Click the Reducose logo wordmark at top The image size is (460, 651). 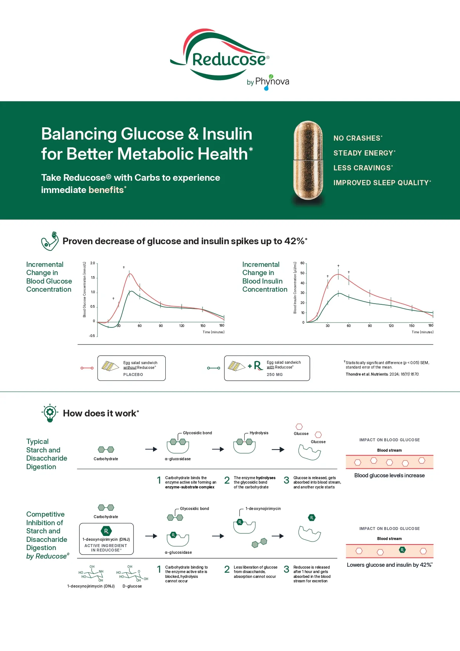coord(229,59)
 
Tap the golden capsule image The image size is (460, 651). coord(308,160)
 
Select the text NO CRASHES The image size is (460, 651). coord(357,138)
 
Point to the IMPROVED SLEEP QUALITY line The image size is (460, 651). coord(381,183)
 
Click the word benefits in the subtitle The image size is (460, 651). coord(106,190)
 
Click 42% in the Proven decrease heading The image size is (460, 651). coord(294,241)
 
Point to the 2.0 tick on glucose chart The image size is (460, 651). coord(93,263)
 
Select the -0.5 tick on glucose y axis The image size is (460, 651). coord(92,336)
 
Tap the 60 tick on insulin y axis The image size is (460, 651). coord(302,263)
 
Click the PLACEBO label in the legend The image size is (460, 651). coord(133,375)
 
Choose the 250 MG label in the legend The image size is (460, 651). coord(275,375)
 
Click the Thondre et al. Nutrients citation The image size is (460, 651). coord(382,374)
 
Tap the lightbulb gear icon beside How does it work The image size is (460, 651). coord(50,413)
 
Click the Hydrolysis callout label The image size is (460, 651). coord(259,433)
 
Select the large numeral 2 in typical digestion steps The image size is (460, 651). coord(227,481)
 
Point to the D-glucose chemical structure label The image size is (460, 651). coord(132,586)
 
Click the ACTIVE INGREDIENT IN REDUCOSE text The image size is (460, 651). coord(106,548)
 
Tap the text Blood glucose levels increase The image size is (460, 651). coord(389,475)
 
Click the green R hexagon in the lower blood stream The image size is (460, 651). coord(402,550)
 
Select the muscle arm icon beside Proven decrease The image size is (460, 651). coord(50,241)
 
